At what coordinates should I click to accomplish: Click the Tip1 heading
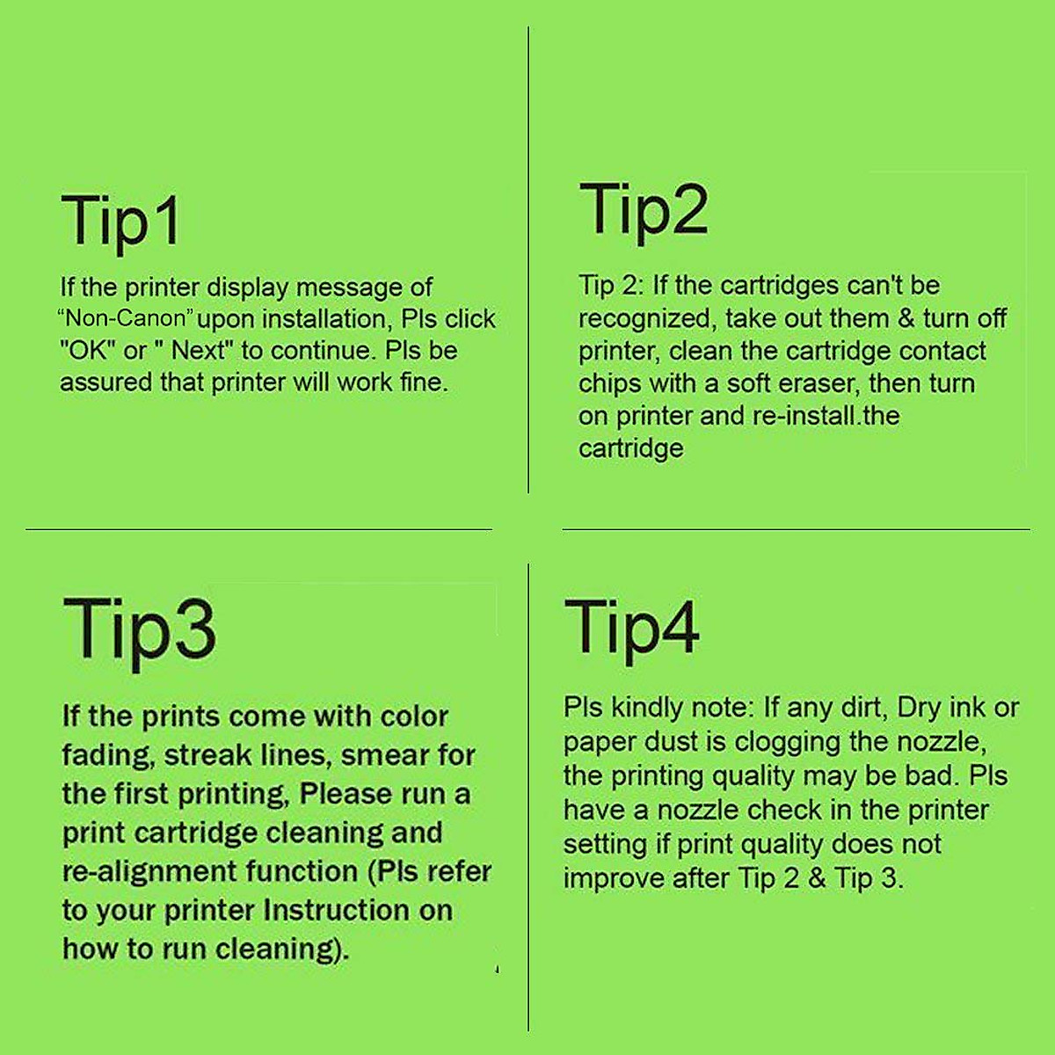[x=121, y=222]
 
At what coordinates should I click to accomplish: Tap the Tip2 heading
[x=644, y=210]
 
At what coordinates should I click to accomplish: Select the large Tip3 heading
[x=139, y=629]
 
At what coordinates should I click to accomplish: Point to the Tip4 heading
[x=631, y=626]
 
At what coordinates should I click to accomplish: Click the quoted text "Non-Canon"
[x=126, y=318]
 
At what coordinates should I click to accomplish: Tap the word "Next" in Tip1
[x=199, y=351]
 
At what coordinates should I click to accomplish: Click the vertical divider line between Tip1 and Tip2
[x=528, y=264]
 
